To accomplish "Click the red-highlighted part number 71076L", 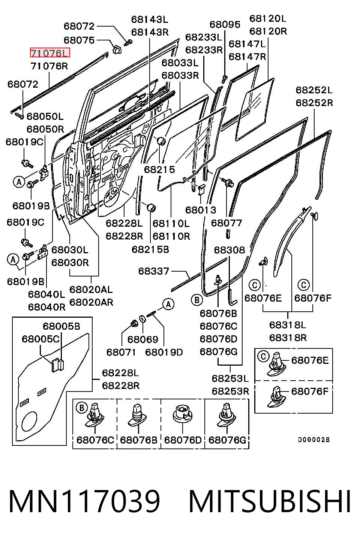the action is tap(50, 53).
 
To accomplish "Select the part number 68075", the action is tap(79, 40).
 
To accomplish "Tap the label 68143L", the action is tap(150, 19).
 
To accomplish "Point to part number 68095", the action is tap(225, 24).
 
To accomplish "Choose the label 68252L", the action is tap(314, 90).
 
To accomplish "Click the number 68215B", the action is tap(150, 250).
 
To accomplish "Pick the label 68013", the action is tap(201, 210).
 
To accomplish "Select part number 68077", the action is tap(226, 223).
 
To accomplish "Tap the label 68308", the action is tap(229, 250).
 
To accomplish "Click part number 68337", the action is tap(154, 271).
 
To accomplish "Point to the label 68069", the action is tap(142, 339).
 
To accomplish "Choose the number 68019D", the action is tap(164, 352).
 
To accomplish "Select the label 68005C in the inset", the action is tap(40, 339).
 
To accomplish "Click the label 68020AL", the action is tap(91, 290).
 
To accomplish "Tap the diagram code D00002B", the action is tap(314, 439).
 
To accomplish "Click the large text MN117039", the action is tap(84, 502).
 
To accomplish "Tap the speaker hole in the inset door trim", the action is tap(29, 422).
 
